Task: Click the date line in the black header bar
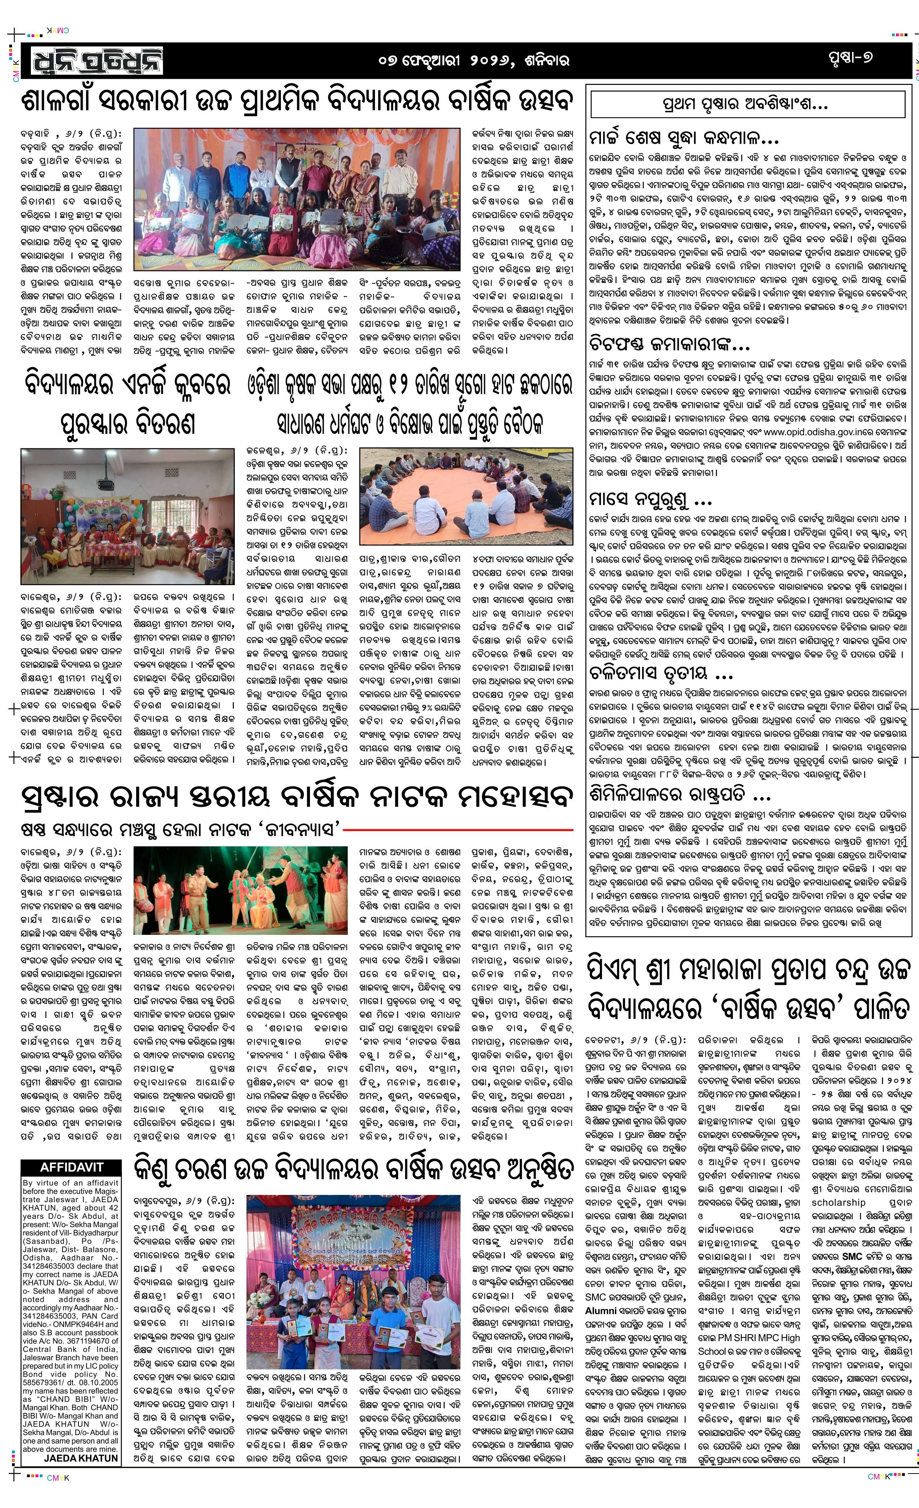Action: [474, 61]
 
